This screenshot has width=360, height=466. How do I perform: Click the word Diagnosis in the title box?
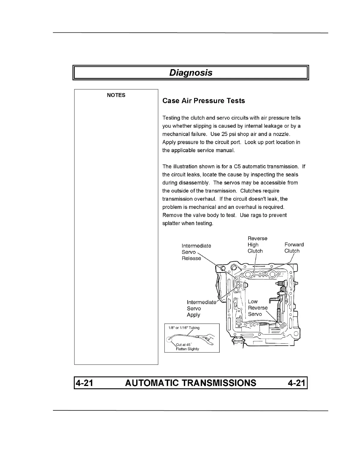coord(191,73)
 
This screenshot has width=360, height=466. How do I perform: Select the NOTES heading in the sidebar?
coord(116,95)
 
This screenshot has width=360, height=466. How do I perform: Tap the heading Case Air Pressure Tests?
coord(204,101)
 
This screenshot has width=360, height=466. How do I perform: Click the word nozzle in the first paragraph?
coord(281,134)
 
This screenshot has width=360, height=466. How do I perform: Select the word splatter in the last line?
coord(171,223)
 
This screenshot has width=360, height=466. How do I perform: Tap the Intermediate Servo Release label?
coord(196,252)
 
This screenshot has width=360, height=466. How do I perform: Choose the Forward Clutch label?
coord(294,248)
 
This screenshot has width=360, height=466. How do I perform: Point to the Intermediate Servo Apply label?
coord(201,308)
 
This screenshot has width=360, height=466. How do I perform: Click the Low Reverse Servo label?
coord(258,308)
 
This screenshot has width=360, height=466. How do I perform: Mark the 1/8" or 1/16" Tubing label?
coord(184,328)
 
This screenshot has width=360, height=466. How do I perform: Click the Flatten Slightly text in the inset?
coord(187,349)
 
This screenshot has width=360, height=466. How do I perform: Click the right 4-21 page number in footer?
coord(297,383)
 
